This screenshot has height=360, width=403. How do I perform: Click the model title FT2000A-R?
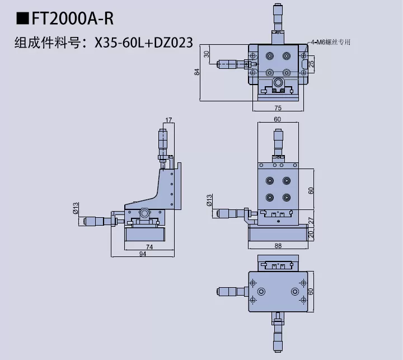[73, 20]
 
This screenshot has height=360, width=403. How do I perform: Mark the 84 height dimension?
[196, 72]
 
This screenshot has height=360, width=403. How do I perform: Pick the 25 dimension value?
[312, 63]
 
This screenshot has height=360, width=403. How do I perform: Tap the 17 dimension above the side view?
[169, 119]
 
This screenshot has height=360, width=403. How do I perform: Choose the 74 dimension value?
[149, 246]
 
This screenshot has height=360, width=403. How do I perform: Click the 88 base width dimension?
[278, 246]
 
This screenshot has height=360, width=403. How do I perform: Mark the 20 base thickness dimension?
[312, 235]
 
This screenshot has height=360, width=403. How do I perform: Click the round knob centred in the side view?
[145, 213]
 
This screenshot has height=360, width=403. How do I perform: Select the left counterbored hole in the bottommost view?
[261, 292]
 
